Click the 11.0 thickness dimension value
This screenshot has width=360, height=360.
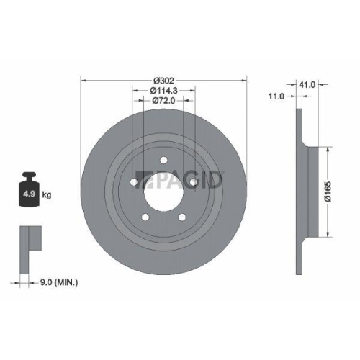[x=276, y=95]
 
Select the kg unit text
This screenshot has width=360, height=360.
[x=46, y=195]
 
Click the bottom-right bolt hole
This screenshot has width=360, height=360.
[x=181, y=215]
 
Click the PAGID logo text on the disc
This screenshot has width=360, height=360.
[x=187, y=177]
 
